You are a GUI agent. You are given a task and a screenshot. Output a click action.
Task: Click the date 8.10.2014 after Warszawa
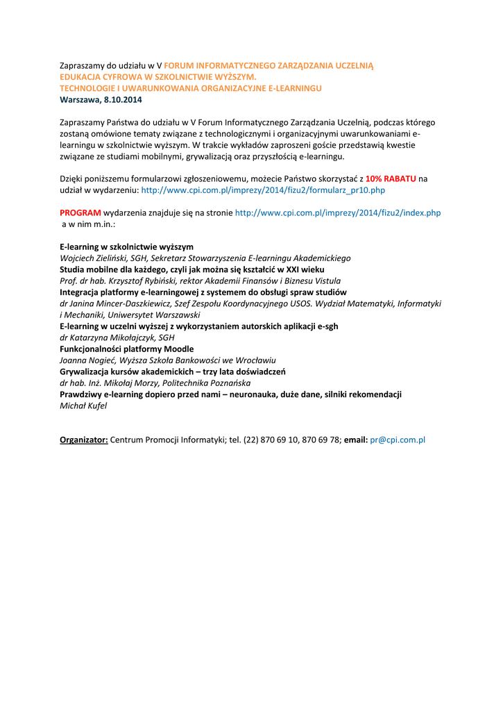point(122,99)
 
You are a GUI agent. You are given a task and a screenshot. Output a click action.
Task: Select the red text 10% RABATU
point(391,178)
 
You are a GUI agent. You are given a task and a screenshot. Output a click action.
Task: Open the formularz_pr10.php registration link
point(263,190)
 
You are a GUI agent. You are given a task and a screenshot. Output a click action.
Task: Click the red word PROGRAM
point(80,212)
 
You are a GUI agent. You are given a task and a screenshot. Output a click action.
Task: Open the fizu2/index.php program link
point(338,212)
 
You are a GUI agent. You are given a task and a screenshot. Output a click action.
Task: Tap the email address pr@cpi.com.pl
point(398,440)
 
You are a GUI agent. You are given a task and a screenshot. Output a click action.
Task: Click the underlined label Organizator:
point(84,440)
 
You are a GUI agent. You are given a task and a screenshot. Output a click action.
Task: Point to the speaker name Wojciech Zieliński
point(94,258)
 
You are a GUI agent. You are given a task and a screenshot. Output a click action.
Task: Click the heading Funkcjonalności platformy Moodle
point(127,349)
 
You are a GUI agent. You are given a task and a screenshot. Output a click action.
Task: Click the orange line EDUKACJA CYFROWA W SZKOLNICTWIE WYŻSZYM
point(158,76)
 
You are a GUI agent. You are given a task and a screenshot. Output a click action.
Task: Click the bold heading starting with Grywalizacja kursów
point(173,371)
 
